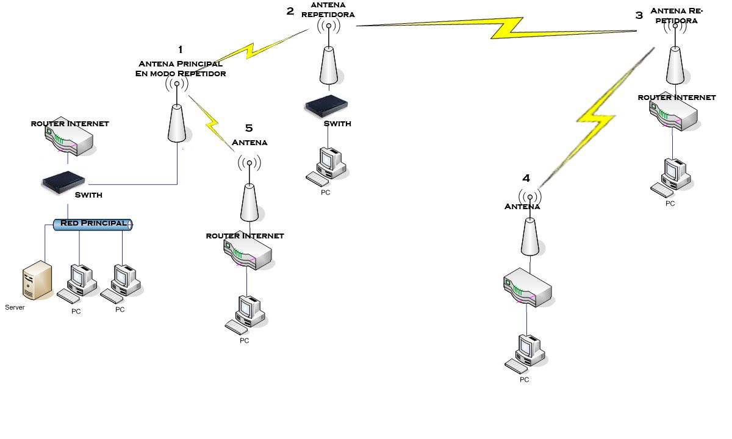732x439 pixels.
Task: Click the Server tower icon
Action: pyautogui.click(x=37, y=280)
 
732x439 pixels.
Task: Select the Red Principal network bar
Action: pyautogui.click(x=93, y=224)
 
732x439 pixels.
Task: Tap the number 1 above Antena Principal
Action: pyautogui.click(x=180, y=49)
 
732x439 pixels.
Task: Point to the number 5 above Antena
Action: pyautogui.click(x=248, y=128)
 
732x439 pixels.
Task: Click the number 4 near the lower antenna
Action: pyautogui.click(x=526, y=178)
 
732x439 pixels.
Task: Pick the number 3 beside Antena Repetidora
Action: pyautogui.click(x=639, y=15)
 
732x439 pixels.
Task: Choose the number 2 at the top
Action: pyautogui.click(x=290, y=11)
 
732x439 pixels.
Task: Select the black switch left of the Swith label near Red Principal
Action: pyautogui.click(x=63, y=181)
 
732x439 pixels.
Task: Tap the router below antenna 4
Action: pyautogui.click(x=527, y=287)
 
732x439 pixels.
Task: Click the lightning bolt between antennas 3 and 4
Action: pyautogui.click(x=595, y=119)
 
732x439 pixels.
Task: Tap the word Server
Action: pyautogui.click(x=15, y=307)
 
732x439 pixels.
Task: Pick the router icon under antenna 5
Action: pyautogui.click(x=248, y=253)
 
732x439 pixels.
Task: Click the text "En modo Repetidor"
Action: pyautogui.click(x=180, y=74)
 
